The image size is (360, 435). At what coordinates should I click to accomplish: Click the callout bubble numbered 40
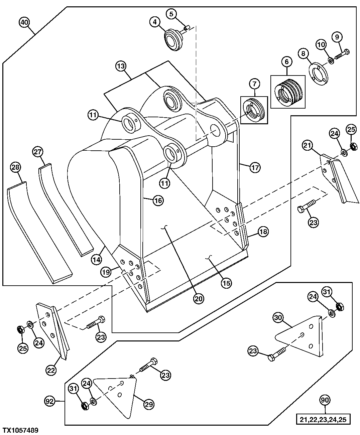24,23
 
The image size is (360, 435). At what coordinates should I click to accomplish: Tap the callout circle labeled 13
121,66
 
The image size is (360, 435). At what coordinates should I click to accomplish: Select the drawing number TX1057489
20,430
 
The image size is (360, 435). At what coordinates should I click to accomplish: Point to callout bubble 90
324,400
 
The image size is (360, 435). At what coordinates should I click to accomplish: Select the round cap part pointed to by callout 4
174,39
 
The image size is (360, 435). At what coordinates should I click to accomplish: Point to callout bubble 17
255,168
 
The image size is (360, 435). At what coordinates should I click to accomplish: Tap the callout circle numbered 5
171,14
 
